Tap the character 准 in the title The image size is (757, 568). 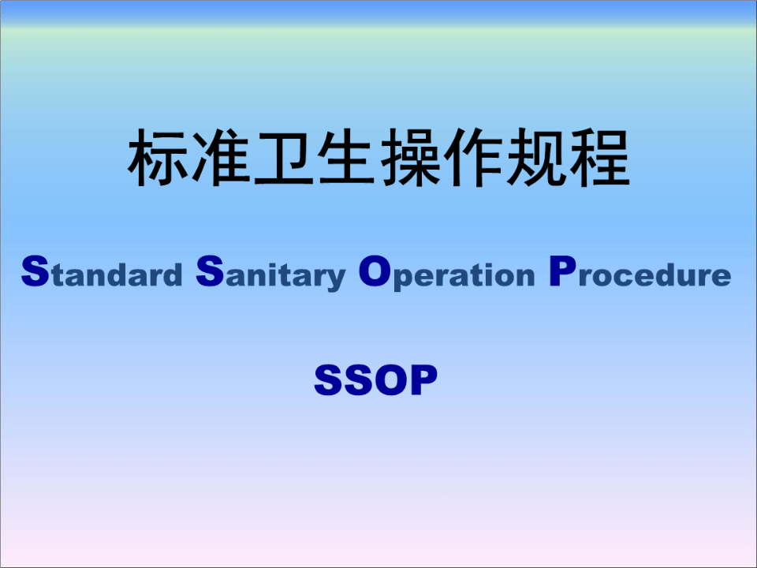point(221,158)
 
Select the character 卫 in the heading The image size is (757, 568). point(284,159)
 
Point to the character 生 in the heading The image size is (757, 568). point(347,158)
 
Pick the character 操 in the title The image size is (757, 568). point(410,158)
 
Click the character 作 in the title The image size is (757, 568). point(474,158)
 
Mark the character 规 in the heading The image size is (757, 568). point(537,158)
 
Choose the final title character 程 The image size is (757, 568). point(600,158)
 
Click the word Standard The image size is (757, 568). point(102,272)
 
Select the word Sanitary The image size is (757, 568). point(270,274)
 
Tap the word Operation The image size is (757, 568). point(447,274)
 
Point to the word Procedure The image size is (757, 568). point(640,272)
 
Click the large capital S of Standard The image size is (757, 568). point(35,272)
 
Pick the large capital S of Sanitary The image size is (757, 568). point(210,272)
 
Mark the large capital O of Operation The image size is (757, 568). point(375,271)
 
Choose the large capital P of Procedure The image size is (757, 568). point(562,271)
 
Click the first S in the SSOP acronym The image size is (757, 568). point(329,380)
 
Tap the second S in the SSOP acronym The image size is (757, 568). point(360,380)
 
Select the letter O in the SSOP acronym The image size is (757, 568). point(392,380)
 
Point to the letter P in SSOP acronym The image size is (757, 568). point(424,380)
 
